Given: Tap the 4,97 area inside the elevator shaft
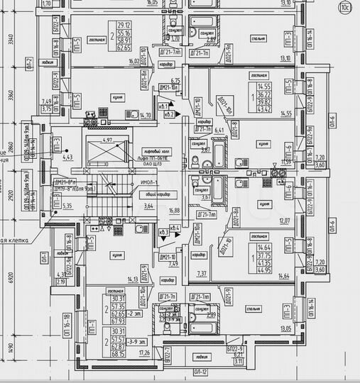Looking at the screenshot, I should click(x=108, y=140).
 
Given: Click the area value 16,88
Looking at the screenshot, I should click(x=173, y=210).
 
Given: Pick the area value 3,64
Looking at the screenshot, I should click(x=147, y=206).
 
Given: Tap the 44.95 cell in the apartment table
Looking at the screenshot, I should click(x=265, y=270).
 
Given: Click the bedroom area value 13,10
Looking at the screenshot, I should click(x=286, y=59).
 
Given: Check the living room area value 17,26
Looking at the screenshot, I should click(x=146, y=352).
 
